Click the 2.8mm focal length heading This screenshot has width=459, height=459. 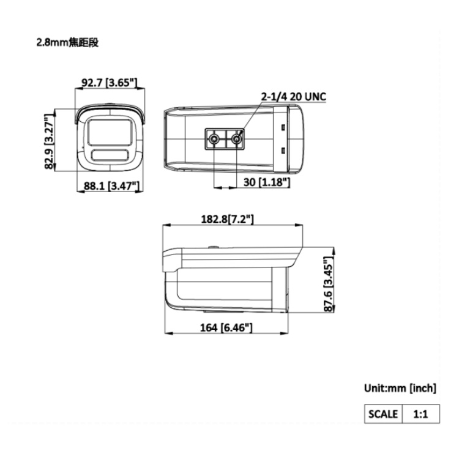tap(67, 43)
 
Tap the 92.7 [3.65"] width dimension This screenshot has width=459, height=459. tap(109, 83)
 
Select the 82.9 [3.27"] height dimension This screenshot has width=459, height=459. tap(50, 141)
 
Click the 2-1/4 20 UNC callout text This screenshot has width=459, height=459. tap(294, 96)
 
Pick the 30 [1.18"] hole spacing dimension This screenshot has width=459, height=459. tap(267, 182)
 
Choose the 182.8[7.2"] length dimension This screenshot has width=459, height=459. tap(227, 219)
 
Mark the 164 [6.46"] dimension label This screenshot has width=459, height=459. tap(226, 327)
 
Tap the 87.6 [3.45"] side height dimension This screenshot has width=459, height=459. tap(329, 284)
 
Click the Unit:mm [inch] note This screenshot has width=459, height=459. tap(400, 388)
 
